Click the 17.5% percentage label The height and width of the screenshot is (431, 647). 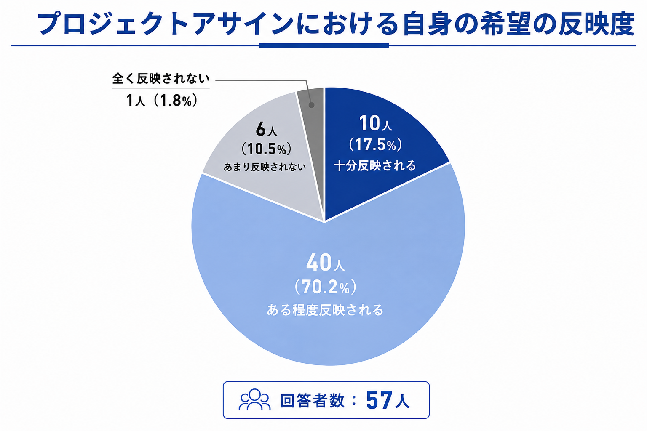click(x=375, y=144)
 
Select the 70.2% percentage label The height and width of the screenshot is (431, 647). click(x=325, y=287)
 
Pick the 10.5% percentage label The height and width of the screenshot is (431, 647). click(x=266, y=149)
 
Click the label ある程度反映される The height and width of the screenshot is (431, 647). click(x=325, y=310)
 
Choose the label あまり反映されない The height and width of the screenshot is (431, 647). click(x=265, y=167)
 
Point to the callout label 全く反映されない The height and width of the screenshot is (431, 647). click(x=160, y=78)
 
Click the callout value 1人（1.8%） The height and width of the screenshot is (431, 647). click(x=162, y=101)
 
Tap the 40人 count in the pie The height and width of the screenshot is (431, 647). click(x=325, y=262)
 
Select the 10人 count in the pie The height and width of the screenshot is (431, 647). click(x=375, y=123)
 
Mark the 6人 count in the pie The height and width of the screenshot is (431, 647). click(x=266, y=129)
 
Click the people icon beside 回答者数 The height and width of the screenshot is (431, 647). click(x=254, y=399)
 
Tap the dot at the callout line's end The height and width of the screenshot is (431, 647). click(x=311, y=105)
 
